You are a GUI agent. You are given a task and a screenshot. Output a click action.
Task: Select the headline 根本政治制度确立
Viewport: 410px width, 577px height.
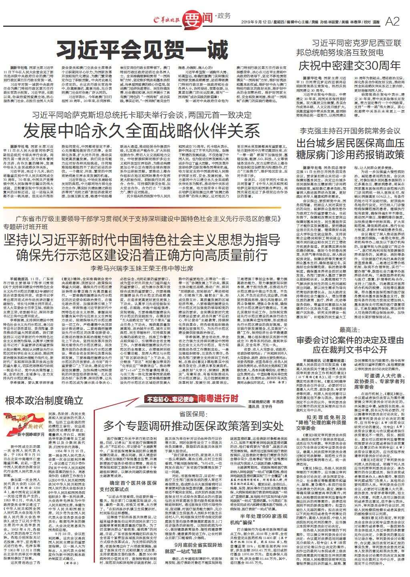click(44, 400)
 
